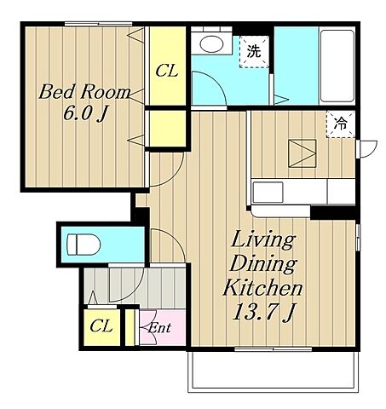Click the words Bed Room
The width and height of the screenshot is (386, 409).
[84, 91]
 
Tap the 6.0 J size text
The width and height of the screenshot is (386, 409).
[84, 114]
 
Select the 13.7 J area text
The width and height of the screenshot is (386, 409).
[263, 312]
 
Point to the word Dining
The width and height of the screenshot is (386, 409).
[263, 265]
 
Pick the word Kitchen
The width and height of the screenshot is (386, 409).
[262, 287]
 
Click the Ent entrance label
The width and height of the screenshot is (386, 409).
[159, 328]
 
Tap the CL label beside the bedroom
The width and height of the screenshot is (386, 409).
[167, 70]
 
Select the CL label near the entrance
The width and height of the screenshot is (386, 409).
[101, 326]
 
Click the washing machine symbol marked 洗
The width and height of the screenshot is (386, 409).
[254, 52]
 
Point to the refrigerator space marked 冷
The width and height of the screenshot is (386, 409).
[341, 124]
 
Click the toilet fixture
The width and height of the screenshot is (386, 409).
[84, 245]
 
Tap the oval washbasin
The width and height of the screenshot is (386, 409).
[211, 43]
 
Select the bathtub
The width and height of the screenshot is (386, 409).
[337, 66]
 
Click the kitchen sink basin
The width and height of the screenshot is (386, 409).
[268, 193]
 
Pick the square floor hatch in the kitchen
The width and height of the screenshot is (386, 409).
[302, 153]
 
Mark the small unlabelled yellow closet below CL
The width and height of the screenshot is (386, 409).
[166, 129]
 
